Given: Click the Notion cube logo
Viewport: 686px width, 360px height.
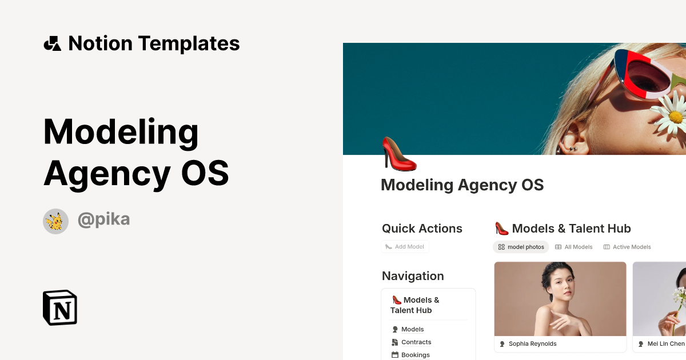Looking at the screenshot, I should click(x=60, y=307).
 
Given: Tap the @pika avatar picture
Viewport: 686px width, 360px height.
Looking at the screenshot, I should click(x=55, y=221).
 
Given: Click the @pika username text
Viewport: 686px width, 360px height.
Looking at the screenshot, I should click(x=103, y=219).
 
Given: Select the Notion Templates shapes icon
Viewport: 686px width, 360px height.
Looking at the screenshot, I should click(x=52, y=43).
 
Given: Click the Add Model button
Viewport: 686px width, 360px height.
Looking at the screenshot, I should click(x=405, y=247).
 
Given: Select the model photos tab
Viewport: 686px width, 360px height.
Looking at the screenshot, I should click(x=521, y=247).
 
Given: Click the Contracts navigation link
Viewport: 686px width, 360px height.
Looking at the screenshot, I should click(x=416, y=342).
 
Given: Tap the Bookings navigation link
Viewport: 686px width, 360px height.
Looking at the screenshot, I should click(x=415, y=355).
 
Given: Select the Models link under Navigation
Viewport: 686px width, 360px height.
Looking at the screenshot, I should click(x=412, y=329).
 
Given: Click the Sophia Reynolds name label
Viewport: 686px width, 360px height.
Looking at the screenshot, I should click(x=532, y=344).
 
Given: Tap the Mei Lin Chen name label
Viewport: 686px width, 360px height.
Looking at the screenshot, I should click(x=665, y=344).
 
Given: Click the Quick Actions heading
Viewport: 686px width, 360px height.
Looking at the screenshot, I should click(x=422, y=229).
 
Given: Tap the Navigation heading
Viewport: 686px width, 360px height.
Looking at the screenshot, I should click(x=413, y=276).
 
